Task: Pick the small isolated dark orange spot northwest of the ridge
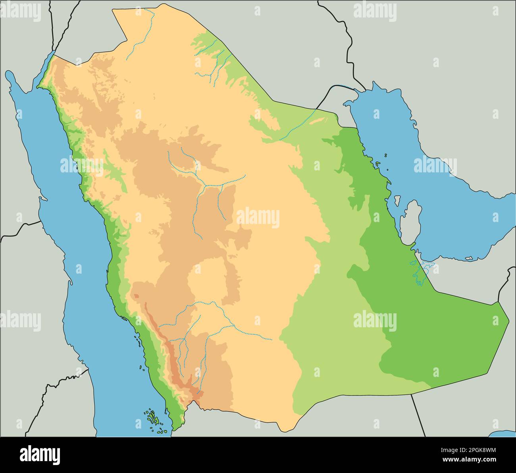point(136,296)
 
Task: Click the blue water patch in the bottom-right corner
point(504,434)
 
